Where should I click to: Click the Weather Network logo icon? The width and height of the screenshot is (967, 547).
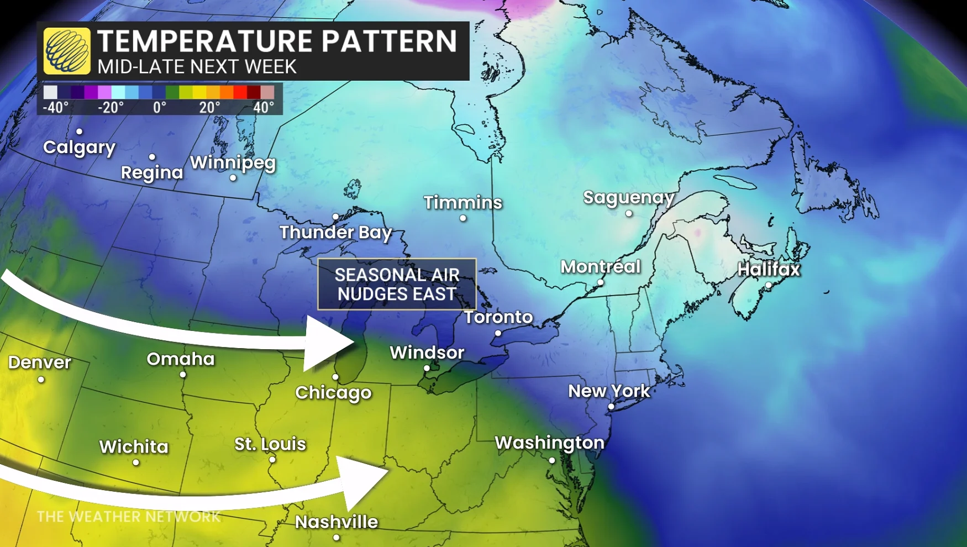click(x=67, y=51)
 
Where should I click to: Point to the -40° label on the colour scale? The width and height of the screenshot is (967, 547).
click(x=56, y=107)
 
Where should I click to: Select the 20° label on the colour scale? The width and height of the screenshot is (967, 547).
click(x=209, y=107)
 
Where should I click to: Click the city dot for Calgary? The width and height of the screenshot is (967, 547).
click(x=80, y=132)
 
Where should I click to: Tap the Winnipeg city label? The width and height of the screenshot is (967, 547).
click(x=233, y=162)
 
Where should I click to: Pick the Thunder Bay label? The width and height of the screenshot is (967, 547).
click(x=335, y=233)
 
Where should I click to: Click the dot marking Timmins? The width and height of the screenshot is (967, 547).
click(x=463, y=218)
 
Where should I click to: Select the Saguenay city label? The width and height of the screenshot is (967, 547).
click(x=629, y=197)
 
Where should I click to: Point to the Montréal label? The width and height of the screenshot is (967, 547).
click(x=601, y=267)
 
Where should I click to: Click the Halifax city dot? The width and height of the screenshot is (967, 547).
click(x=769, y=285)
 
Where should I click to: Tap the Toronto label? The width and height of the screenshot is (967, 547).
click(x=498, y=317)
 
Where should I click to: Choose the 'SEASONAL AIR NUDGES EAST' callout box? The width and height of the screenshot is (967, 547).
click(x=397, y=284)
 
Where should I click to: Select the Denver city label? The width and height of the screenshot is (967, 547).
click(x=40, y=362)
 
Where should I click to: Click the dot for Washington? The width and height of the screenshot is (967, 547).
click(x=552, y=460)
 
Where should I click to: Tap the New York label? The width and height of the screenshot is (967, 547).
click(x=609, y=391)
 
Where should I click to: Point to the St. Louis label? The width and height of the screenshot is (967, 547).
click(x=270, y=444)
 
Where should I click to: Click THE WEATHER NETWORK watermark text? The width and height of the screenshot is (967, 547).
click(x=128, y=517)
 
